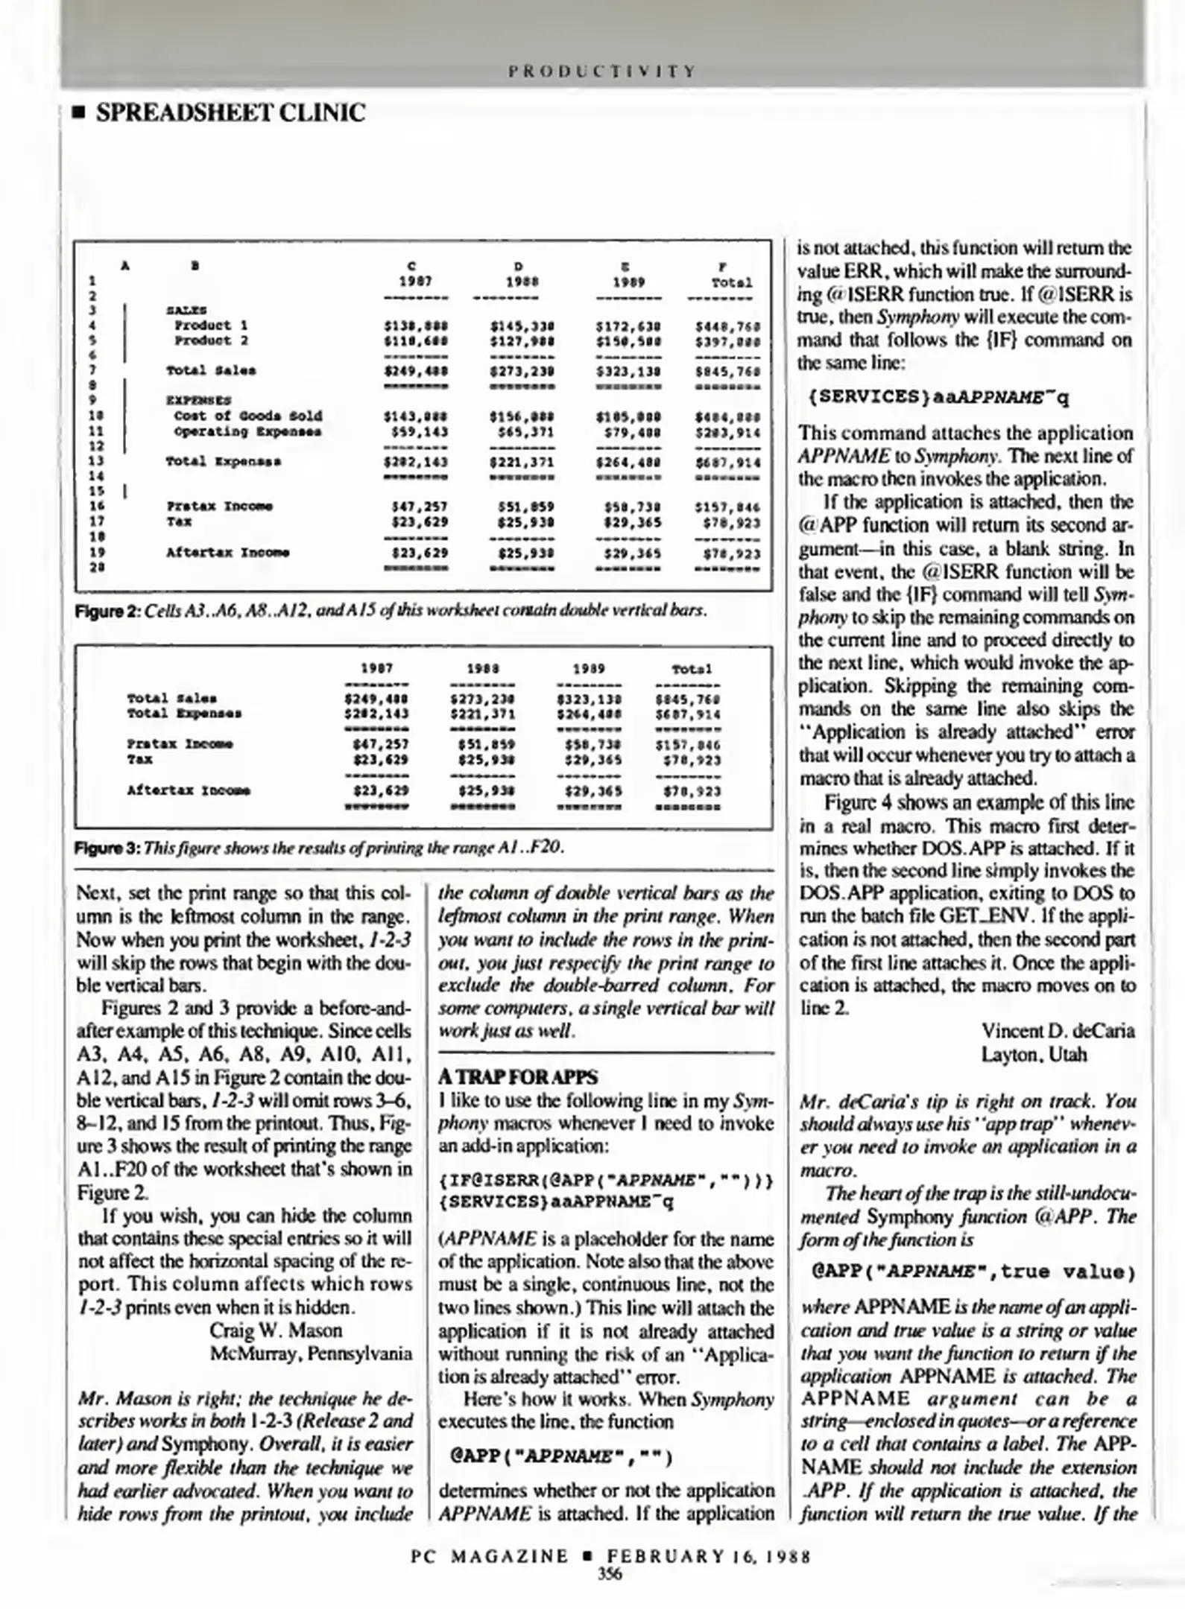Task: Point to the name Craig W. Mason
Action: (x=276, y=1330)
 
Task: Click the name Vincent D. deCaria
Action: (x=1058, y=1031)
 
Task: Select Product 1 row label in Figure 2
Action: (x=211, y=326)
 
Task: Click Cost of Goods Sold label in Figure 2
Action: (x=247, y=416)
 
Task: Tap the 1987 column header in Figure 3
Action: (x=376, y=669)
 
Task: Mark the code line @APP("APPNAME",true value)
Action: (x=973, y=1272)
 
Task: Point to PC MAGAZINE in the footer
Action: (x=490, y=1557)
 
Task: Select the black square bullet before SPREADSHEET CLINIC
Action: (x=75, y=114)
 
